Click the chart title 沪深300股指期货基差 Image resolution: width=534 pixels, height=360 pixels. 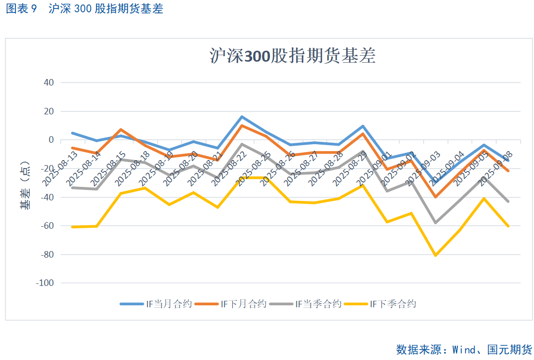coord(292,56)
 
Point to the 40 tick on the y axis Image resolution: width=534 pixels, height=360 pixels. coord(49,83)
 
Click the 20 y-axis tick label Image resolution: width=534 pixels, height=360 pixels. coord(49,111)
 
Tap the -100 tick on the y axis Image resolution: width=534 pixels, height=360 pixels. coord(45,283)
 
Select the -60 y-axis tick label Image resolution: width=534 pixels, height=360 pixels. coord(47,226)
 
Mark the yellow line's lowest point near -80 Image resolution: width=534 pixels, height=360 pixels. coord(436,256)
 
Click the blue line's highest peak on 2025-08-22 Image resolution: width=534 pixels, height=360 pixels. coord(242,117)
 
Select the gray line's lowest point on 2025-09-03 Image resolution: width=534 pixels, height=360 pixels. coord(436,223)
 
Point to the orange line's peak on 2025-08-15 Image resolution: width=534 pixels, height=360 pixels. coord(121,129)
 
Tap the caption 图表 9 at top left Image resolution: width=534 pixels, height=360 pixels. coord(21,9)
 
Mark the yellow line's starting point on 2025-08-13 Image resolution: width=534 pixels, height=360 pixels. coord(73,227)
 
